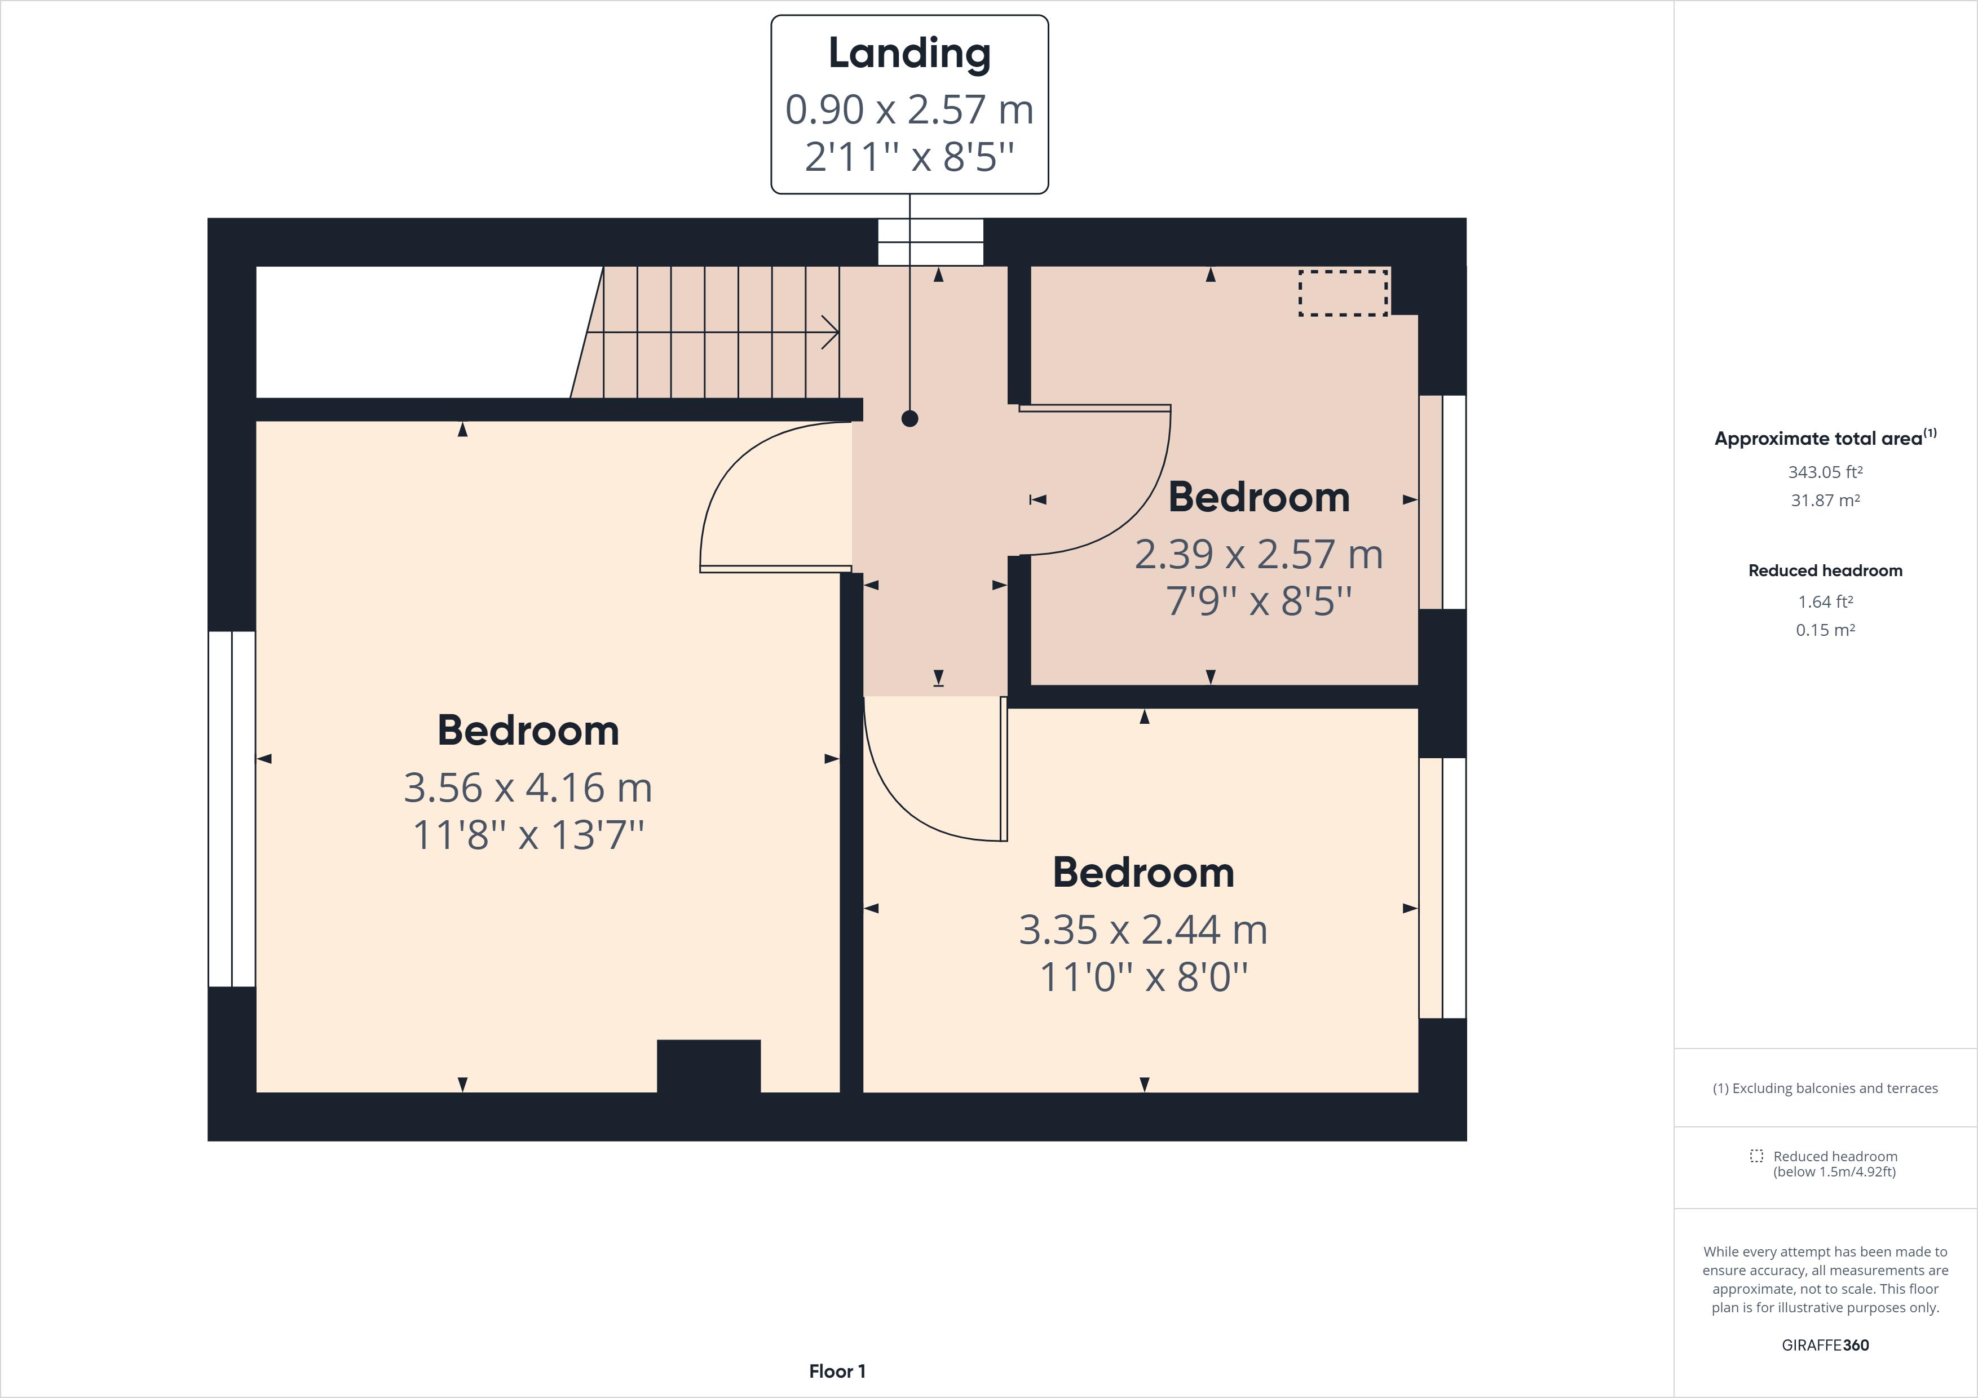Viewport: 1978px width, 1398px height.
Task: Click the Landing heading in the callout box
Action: coord(909,54)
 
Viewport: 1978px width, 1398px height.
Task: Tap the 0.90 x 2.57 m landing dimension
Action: coord(909,109)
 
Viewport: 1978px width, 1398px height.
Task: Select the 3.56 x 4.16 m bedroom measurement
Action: coord(527,788)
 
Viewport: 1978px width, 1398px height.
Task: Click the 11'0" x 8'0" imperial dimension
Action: coord(1143,977)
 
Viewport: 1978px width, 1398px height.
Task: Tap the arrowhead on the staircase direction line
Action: coord(831,331)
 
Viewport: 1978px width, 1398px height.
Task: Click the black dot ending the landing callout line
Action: coord(909,419)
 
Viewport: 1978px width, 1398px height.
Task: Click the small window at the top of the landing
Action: coord(930,242)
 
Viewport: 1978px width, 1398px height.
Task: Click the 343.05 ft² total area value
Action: coord(1825,472)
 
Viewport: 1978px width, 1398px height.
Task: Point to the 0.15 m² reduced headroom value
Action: coord(1825,630)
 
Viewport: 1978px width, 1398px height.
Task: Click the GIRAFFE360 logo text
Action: coord(1825,1344)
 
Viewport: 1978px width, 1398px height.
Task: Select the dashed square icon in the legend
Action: coord(1756,1156)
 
